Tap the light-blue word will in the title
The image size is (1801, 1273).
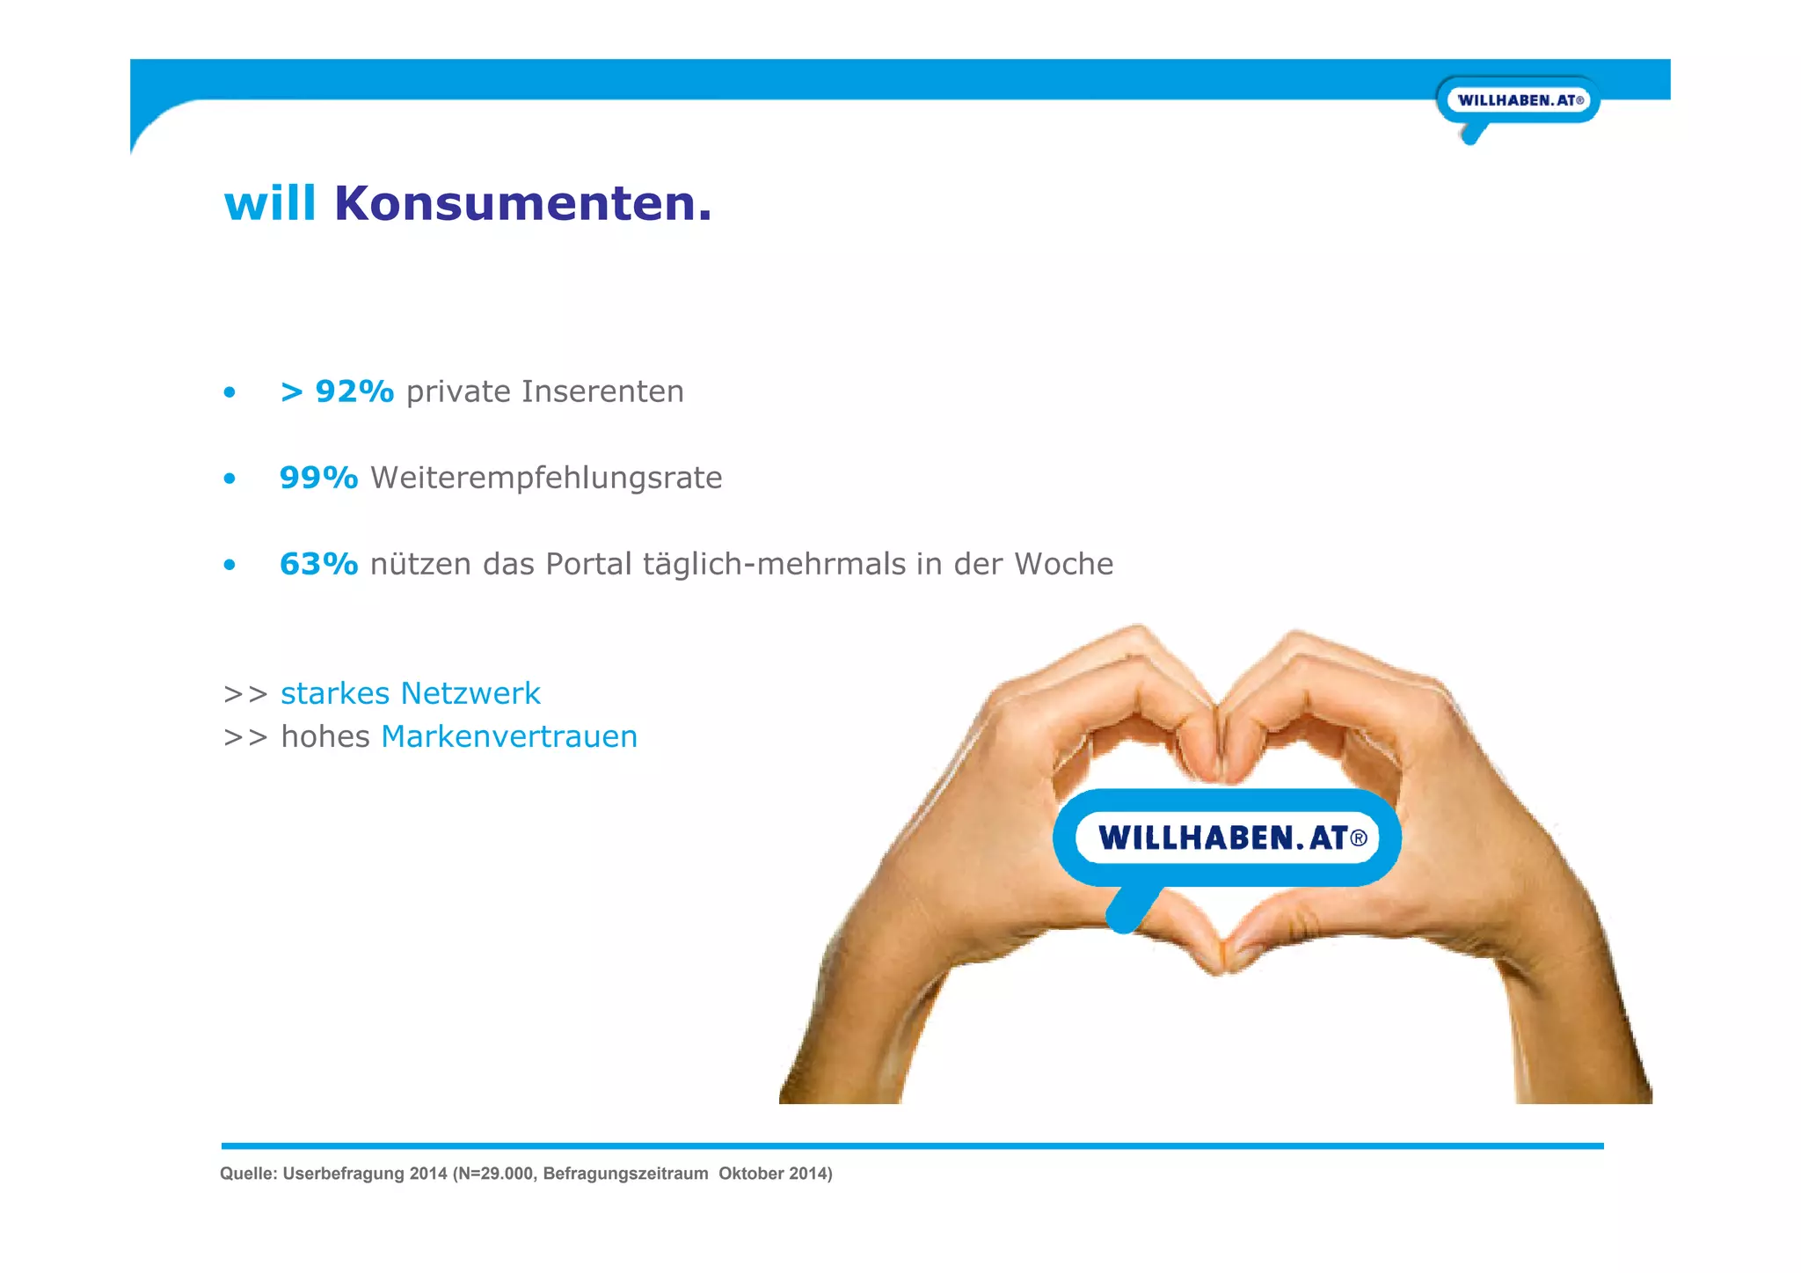coord(270,203)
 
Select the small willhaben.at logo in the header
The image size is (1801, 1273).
coord(1519,100)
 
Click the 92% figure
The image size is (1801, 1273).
coord(354,391)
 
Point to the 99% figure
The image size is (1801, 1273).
coord(318,478)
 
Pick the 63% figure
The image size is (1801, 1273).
coord(318,564)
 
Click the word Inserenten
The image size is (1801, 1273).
coord(602,391)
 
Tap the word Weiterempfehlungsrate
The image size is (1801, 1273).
coord(546,478)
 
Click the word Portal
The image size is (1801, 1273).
coord(588,564)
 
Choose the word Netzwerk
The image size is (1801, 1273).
coord(470,693)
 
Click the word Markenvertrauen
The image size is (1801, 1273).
coord(509,736)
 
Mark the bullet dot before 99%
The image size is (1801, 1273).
coord(230,479)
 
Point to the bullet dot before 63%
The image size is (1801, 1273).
coord(230,565)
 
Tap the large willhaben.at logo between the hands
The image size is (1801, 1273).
coord(1227,838)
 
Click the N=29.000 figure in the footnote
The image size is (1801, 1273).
coord(496,1174)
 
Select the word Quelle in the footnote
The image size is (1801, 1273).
coord(247,1174)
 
